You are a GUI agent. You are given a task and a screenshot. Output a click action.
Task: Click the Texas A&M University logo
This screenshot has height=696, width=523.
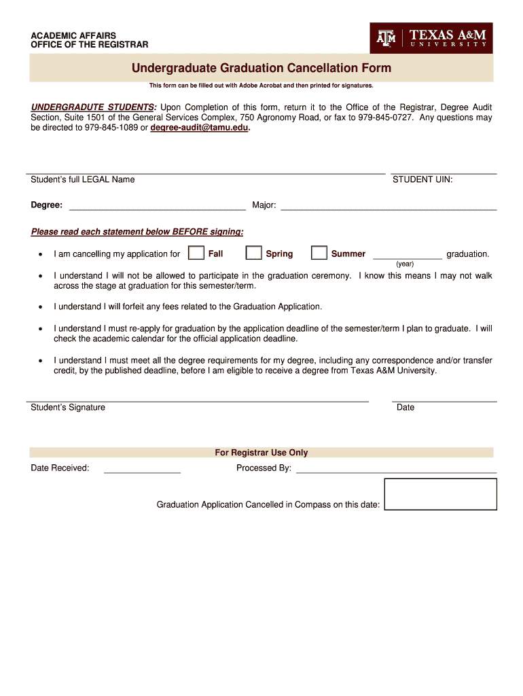431,38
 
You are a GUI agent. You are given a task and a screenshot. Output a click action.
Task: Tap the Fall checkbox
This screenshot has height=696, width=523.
196,253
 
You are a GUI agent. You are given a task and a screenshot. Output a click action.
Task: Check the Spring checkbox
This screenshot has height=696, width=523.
253,253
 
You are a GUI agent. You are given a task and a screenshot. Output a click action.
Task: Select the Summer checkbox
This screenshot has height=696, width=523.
319,253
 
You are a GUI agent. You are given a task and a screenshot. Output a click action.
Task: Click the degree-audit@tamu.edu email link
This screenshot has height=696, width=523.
200,128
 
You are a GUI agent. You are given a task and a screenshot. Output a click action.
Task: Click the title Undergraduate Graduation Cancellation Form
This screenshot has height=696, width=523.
261,68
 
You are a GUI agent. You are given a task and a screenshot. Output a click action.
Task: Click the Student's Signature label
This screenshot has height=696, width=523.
68,407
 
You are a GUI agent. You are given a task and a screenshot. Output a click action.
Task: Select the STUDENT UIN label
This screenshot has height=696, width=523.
422,179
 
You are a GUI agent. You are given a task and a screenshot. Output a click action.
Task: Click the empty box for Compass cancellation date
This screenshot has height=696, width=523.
440,494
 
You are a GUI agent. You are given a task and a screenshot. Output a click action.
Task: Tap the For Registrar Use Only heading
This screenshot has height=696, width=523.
261,453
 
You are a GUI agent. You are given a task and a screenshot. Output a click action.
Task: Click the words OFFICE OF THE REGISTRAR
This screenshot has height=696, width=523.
90,45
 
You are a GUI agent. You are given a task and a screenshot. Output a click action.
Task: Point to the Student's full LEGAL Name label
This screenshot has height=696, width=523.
83,179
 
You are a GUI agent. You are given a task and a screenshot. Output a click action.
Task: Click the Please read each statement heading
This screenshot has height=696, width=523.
137,232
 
